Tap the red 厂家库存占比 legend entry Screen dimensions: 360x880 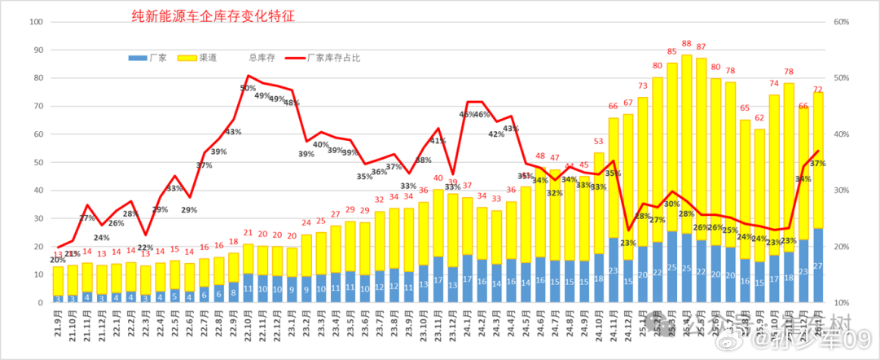point(321,58)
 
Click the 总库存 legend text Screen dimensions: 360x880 point(262,58)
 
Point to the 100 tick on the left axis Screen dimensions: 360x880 point(36,22)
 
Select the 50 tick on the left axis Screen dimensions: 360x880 point(37,162)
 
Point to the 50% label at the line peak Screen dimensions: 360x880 point(248,88)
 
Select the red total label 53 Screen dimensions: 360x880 point(598,142)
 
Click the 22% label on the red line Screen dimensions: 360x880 point(146,248)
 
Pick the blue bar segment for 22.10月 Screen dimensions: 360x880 point(249,288)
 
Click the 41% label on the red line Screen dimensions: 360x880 point(438,141)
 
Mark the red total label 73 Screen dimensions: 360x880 point(643,86)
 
